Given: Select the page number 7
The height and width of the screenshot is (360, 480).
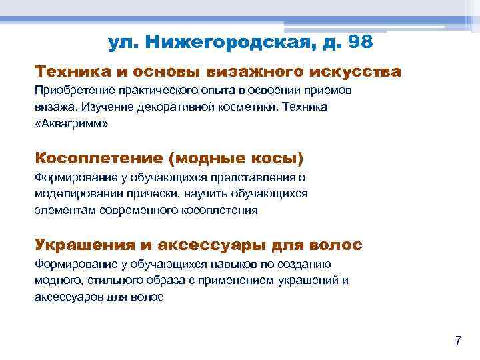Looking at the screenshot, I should coord(457,341).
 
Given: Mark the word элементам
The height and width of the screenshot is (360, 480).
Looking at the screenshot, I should coord(65,210).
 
